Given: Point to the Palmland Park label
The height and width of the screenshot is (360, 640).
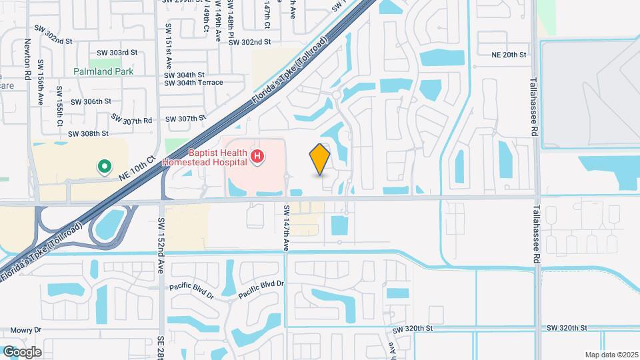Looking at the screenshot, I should click(103, 71).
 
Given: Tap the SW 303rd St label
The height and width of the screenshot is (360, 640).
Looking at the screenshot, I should click(117, 52).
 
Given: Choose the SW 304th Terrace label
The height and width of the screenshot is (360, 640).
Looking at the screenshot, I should click(193, 83).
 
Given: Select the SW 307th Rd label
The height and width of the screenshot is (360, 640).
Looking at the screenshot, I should click(132, 119).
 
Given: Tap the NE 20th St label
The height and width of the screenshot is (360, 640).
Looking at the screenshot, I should click(509, 55).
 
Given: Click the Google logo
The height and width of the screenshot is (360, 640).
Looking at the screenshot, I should click(22, 351).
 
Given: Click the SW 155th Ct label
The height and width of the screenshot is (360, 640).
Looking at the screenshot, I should click(59, 106).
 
